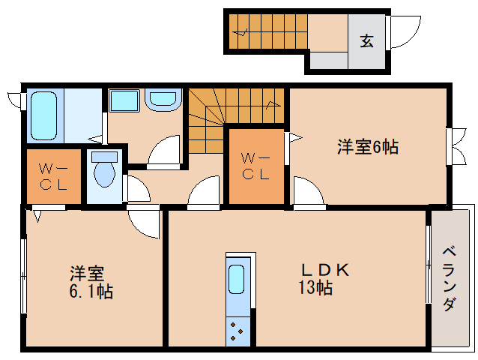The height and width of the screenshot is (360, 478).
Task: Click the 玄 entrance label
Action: (x=366, y=40)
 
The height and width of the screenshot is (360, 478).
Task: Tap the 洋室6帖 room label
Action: (x=368, y=147)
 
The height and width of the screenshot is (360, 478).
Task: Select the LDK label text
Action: (x=325, y=270)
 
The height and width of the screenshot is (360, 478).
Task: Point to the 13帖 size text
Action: (x=315, y=287)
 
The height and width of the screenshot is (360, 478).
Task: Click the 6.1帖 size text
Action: (x=91, y=291)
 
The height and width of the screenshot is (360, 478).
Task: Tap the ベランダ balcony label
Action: (x=450, y=279)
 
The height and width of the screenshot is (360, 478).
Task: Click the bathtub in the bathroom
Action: (x=44, y=116)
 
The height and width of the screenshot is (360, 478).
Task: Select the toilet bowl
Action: (x=105, y=174)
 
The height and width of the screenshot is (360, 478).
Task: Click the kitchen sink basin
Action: (x=236, y=279)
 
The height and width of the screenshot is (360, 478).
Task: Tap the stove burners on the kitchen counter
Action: (x=237, y=331)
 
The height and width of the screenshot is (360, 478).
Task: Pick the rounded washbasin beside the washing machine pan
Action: (x=163, y=100)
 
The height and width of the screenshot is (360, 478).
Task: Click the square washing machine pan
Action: (x=124, y=100)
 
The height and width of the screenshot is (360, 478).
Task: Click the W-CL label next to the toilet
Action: (x=53, y=177)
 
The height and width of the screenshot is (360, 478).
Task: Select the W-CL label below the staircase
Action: (x=255, y=166)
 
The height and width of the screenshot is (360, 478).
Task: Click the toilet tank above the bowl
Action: (x=105, y=157)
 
